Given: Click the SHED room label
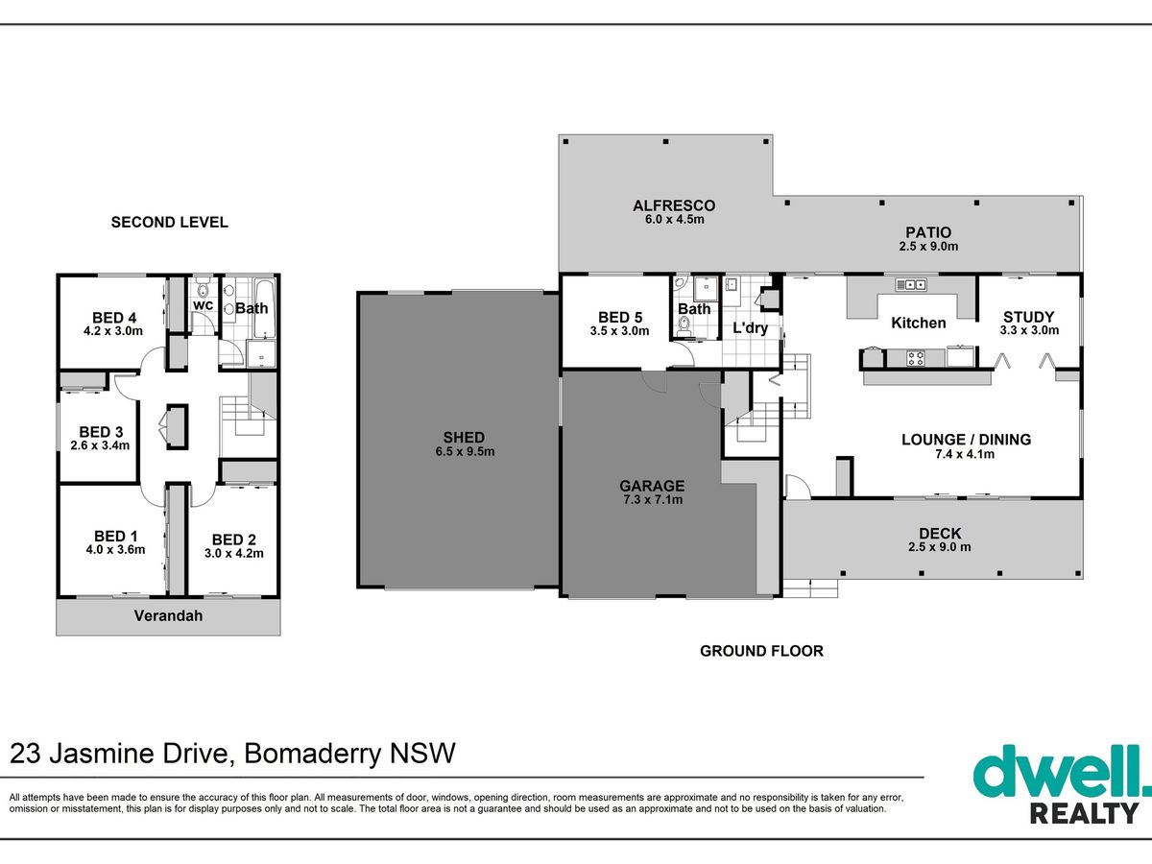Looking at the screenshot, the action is click(464, 438).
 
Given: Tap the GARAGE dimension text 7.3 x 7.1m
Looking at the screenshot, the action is click(653, 500).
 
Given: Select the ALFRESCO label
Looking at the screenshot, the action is click(674, 205).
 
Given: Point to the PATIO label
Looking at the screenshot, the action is click(928, 232).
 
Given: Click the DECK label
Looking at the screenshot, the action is click(940, 534).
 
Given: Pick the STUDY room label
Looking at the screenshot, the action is click(1029, 317).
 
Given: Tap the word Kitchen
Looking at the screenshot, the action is click(919, 323).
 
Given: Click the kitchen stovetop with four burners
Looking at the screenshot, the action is click(917, 359).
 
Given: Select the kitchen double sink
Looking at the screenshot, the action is click(911, 285).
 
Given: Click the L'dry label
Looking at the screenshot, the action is click(751, 328).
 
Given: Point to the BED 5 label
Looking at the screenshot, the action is click(620, 318).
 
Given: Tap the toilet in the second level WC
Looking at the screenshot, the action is click(203, 290).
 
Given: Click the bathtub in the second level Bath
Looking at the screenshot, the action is click(264, 308).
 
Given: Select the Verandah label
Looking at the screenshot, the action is click(168, 616).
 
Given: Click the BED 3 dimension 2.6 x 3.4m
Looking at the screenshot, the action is click(100, 445).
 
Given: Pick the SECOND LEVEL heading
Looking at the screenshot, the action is click(170, 223).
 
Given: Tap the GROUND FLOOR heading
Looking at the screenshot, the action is click(761, 651).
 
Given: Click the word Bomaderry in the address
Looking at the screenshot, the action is click(313, 754).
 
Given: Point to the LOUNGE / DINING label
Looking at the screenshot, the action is click(966, 440).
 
